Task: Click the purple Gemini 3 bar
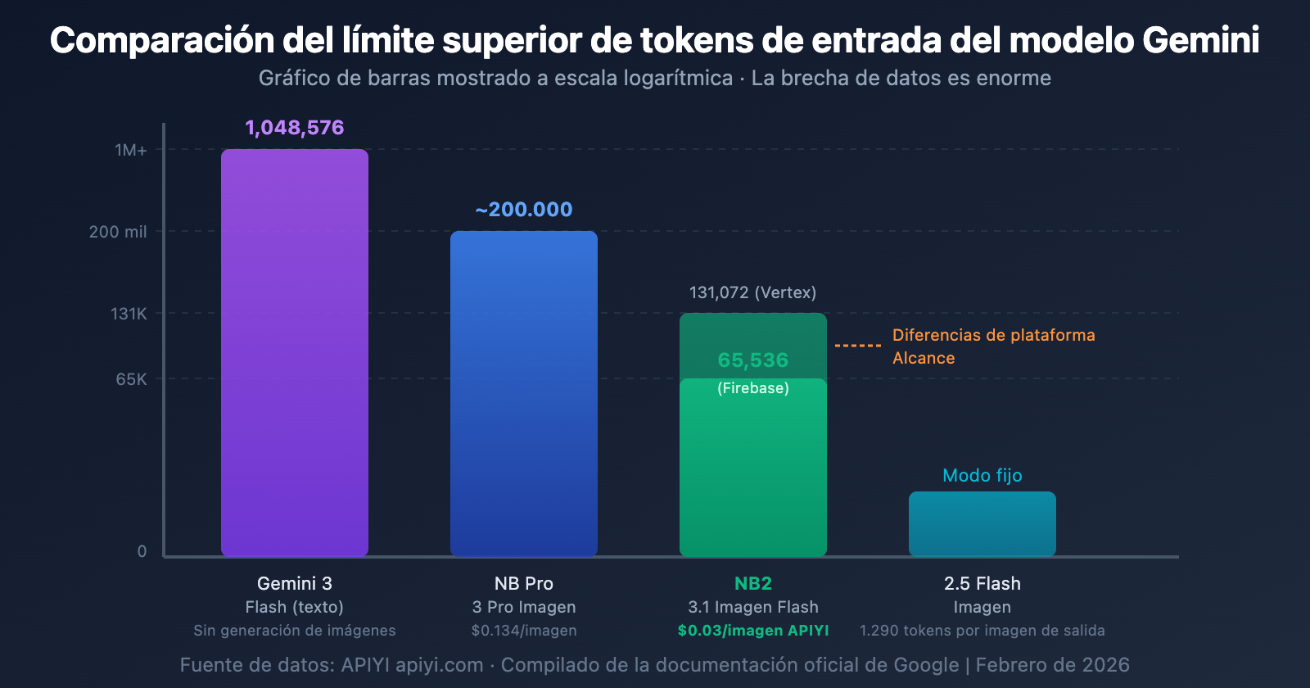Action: point(295,352)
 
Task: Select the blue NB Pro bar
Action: point(524,393)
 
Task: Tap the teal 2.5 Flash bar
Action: point(982,524)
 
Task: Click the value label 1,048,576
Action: point(295,128)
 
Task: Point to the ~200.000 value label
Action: point(524,210)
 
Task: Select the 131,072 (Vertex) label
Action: point(752,292)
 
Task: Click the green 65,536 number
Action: point(752,360)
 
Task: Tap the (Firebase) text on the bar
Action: point(752,388)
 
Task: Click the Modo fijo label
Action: point(982,476)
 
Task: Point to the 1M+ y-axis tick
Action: point(131,150)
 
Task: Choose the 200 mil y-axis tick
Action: point(118,232)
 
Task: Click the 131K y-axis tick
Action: point(129,314)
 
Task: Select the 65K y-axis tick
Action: point(131,379)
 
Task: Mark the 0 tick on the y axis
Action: point(142,551)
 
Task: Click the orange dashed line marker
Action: point(858,346)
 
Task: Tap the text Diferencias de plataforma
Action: point(993,335)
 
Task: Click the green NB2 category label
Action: point(752,583)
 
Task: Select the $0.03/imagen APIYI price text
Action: point(752,631)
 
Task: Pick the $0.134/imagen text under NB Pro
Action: point(524,631)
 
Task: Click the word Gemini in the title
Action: point(1200,40)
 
